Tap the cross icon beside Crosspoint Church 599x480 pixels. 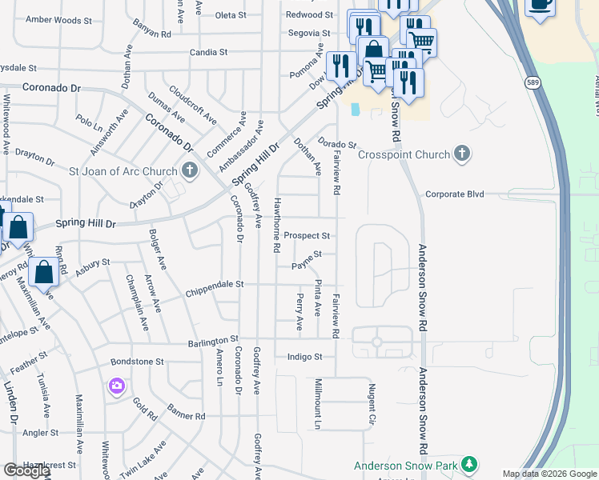pyautogui.click(x=461, y=154)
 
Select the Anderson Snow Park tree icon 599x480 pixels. pyautogui.click(x=469, y=465)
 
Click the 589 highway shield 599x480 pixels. pyautogui.click(x=533, y=82)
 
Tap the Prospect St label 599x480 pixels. pyautogui.click(x=307, y=236)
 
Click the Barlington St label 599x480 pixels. pyautogui.click(x=214, y=342)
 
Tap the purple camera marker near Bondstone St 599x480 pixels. pyautogui.click(x=118, y=386)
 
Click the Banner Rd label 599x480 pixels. pyautogui.click(x=187, y=416)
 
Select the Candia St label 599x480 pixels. pyautogui.click(x=209, y=52)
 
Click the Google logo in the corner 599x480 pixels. pyautogui.click(x=26, y=471)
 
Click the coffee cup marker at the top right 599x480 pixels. pyautogui.click(x=541, y=6)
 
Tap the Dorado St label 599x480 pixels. pyautogui.click(x=336, y=143)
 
